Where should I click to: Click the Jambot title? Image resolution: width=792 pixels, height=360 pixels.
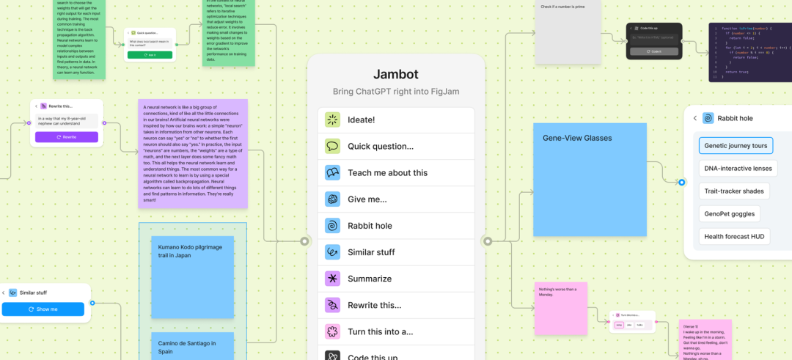tap(396, 74)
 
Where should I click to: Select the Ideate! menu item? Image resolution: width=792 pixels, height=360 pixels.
tap(396, 120)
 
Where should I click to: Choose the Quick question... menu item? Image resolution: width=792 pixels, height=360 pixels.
tap(396, 146)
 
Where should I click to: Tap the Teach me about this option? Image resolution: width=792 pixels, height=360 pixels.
tap(396, 172)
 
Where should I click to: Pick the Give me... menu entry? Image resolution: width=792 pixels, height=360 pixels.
tap(396, 199)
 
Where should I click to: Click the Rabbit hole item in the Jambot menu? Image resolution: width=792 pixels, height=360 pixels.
tap(396, 225)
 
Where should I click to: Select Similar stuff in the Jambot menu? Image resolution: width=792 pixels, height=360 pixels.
tap(396, 251)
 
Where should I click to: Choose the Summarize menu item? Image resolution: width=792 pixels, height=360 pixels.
tap(396, 279)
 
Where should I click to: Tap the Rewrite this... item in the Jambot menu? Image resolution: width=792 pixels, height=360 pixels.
tap(396, 305)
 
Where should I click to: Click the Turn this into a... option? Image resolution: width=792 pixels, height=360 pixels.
tap(396, 331)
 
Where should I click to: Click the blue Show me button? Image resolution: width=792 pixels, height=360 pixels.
tap(43, 309)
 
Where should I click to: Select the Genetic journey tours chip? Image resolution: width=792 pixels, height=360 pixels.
tap(736, 145)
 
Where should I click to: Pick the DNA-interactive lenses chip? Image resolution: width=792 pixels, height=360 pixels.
tap(738, 168)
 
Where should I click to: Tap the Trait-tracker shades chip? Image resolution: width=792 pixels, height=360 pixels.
tap(734, 191)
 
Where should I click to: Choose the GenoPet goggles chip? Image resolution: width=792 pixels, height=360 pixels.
tap(729, 213)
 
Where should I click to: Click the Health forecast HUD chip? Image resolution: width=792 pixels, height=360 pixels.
tap(734, 236)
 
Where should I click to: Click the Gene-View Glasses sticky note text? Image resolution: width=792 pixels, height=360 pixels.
tap(577, 138)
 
